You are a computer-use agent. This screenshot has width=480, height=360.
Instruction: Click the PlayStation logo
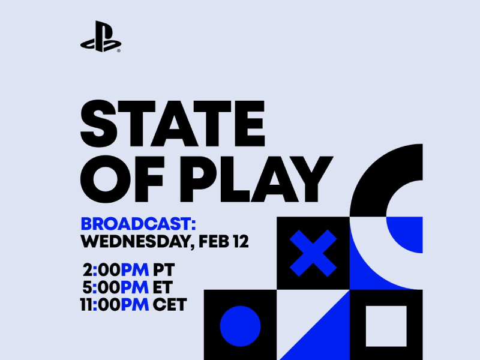(x=100, y=38)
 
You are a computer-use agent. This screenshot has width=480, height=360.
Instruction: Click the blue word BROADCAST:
(x=138, y=224)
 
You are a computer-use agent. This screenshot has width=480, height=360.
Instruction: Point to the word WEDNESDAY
(x=128, y=242)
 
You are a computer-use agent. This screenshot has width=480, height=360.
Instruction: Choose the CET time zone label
(x=169, y=304)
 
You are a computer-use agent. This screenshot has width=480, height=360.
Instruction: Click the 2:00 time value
(x=103, y=268)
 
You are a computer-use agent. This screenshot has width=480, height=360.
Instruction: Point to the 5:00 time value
(x=103, y=286)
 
